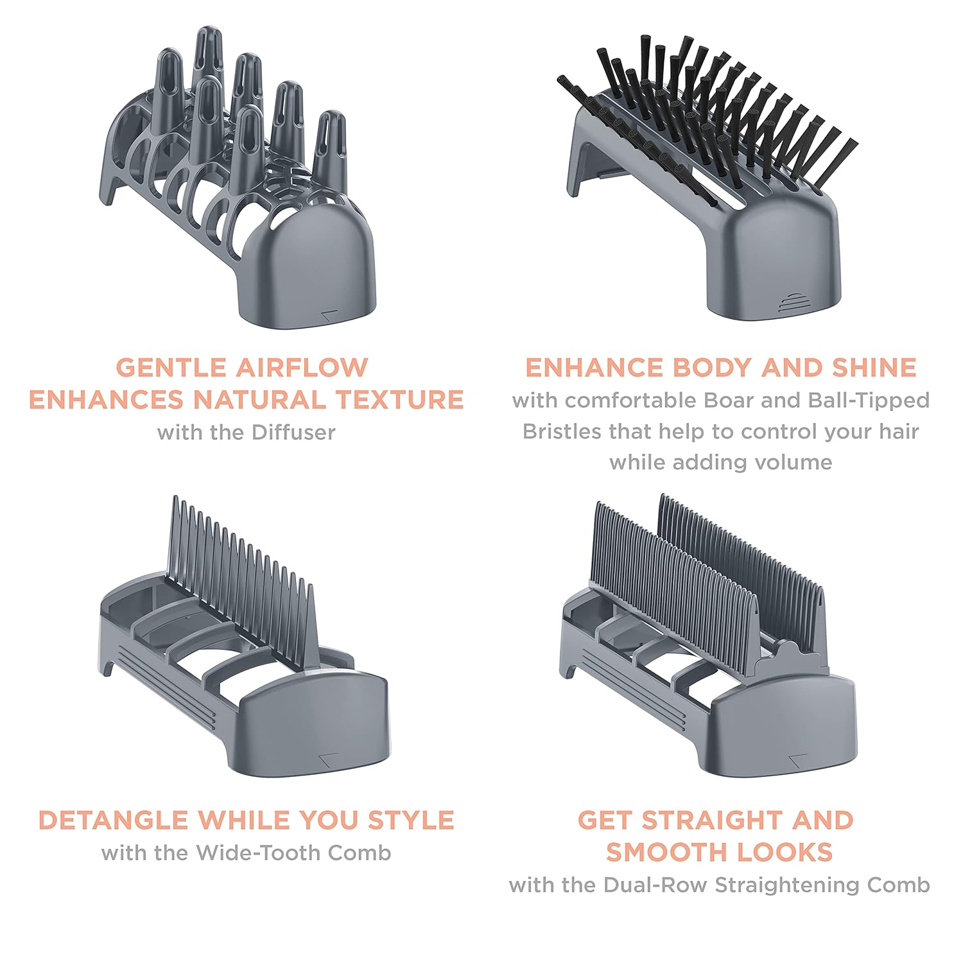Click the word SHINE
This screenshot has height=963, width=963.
pyautogui.click(x=874, y=367)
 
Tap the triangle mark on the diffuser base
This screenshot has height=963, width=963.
pyautogui.click(x=329, y=314)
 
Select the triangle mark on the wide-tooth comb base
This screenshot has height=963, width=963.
pyautogui.click(x=329, y=758)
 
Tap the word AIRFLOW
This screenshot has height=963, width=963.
pyautogui.click(x=301, y=367)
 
